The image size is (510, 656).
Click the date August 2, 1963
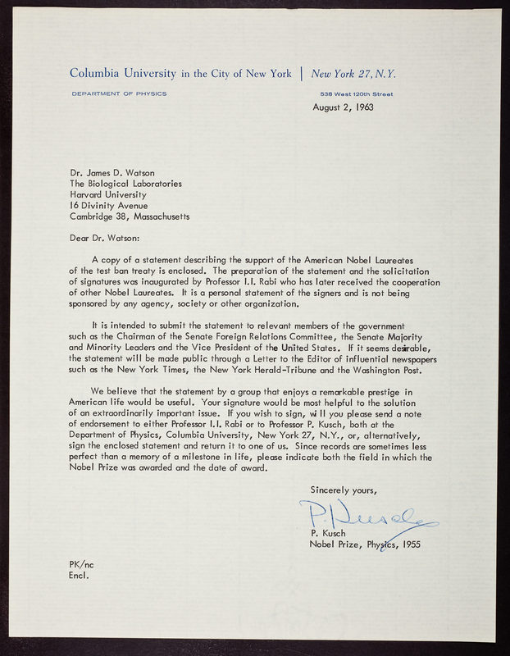348,107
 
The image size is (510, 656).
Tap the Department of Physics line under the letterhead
119,93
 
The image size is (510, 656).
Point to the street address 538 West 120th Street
356,93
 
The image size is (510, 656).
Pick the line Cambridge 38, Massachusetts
130,216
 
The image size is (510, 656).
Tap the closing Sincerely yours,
344,490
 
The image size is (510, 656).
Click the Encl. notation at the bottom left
79,575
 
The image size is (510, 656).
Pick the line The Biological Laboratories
125,184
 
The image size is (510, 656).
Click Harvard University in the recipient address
108,195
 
